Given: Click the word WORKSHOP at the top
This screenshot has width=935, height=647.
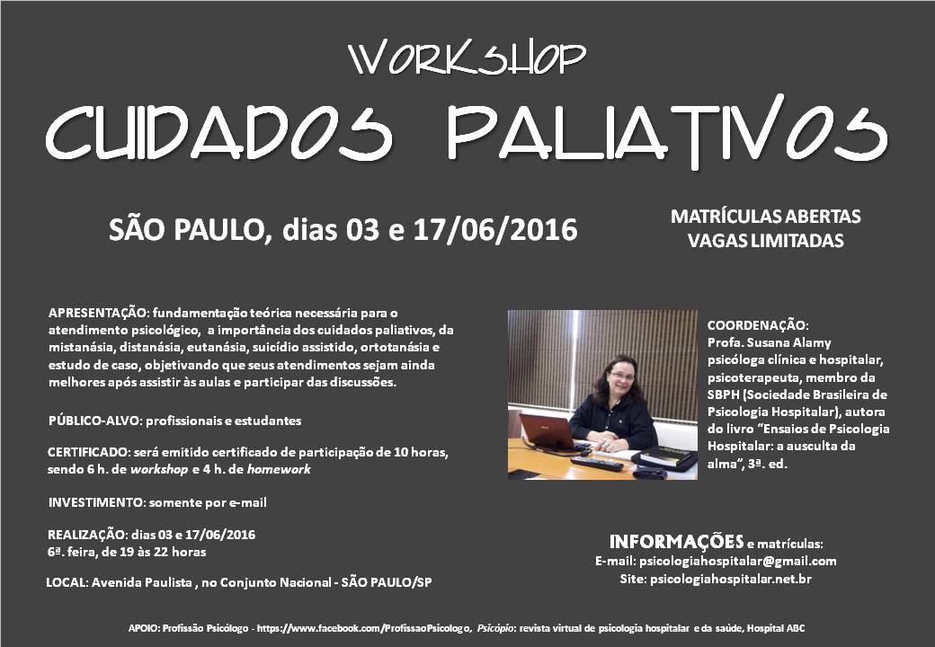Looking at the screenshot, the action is tap(467, 58).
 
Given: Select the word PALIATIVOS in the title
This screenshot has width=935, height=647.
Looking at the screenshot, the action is tap(668, 131).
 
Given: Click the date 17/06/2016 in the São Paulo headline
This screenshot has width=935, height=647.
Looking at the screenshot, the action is tap(495, 230).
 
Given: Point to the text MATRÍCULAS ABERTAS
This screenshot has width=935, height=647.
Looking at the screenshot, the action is tap(766, 217).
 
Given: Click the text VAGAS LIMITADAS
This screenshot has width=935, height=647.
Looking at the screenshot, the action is tap(766, 241).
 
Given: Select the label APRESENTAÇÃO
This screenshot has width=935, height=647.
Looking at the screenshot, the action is tap(98, 314).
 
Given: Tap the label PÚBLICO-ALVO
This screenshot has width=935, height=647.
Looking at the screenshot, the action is tap(95, 421).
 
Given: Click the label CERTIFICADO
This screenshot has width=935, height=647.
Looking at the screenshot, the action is tap(89, 452).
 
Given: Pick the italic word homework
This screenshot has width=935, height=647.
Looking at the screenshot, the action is tap(279, 469).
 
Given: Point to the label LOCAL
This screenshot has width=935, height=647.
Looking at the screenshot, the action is tap(67, 582).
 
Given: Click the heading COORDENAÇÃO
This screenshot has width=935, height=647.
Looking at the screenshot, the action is tap(758, 325).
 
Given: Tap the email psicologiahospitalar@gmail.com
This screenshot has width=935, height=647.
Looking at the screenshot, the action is tap(737, 562).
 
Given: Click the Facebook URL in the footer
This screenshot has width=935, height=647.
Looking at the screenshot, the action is tap(364, 628).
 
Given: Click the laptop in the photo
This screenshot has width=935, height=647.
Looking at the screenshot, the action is tap(548, 433).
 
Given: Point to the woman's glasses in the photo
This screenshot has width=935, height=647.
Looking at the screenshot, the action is tap(621, 376).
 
